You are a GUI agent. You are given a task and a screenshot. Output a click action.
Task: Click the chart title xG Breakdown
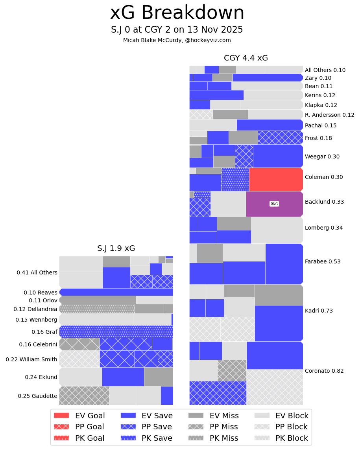point(177,13)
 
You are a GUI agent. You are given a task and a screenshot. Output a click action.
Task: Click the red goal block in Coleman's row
point(276,179)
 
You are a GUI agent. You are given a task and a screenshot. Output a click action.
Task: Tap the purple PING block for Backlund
point(274,204)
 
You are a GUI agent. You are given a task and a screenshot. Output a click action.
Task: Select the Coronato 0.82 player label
point(324,371)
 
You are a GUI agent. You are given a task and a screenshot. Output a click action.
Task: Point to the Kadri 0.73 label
point(319,311)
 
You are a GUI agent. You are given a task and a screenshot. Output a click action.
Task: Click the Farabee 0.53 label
point(323,261)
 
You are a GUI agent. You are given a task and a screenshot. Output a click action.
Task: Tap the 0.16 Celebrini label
point(38,344)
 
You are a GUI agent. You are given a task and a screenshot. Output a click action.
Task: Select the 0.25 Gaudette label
point(37,396)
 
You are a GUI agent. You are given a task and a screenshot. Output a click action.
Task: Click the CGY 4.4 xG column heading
point(246,58)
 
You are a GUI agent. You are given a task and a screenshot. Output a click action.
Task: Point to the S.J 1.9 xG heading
point(116,248)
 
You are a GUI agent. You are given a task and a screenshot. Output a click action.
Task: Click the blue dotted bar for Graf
point(116,331)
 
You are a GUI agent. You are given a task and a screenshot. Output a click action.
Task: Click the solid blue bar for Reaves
point(116,292)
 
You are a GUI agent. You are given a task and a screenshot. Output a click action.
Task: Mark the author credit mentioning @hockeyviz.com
point(177,40)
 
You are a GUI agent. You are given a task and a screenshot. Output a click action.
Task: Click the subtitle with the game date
point(177,30)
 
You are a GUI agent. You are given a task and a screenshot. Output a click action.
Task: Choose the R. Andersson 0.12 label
point(329,115)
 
